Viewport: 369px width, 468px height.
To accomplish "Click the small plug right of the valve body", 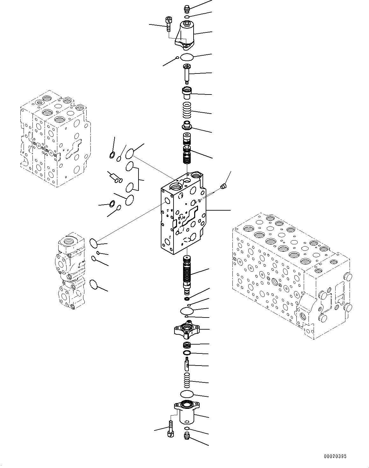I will pos(224,186).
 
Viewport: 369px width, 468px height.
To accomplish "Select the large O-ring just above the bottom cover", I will pos(187,394).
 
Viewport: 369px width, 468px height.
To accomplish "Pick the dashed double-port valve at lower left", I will pos(69,270).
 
